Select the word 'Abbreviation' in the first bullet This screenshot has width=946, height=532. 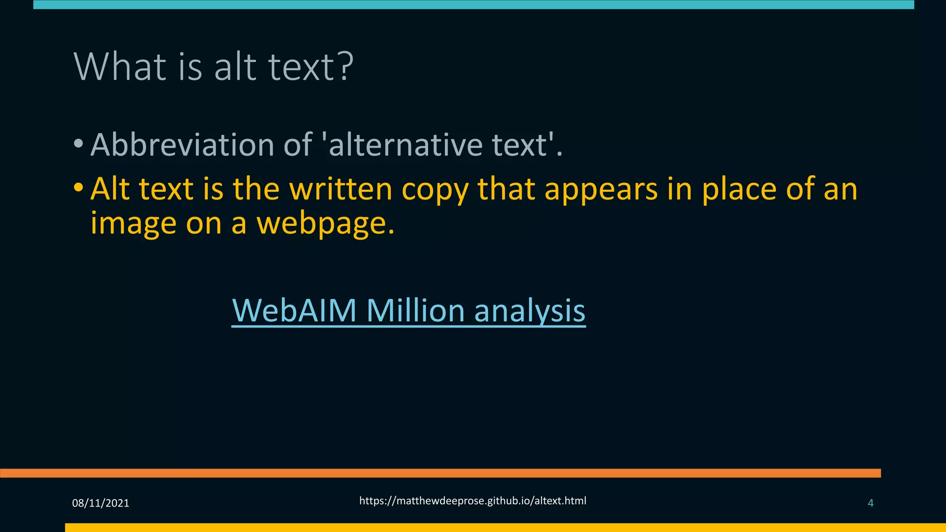pos(182,145)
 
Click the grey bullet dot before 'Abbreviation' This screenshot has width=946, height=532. pos(79,144)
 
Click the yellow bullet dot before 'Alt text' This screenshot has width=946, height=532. pos(79,187)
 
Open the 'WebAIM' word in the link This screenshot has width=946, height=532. pos(294,310)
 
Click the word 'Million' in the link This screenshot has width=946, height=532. pos(415,310)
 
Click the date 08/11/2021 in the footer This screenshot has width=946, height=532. pos(101,503)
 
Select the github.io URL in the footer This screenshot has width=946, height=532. pos(473,501)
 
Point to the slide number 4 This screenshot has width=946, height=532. pos(871,503)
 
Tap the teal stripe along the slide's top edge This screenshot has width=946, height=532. pos(473,5)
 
